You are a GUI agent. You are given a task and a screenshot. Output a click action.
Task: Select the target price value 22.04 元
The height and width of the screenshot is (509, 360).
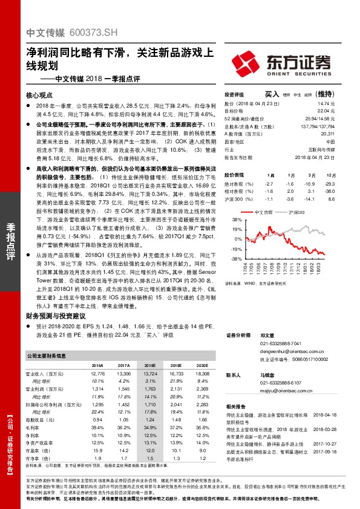coord(326,111)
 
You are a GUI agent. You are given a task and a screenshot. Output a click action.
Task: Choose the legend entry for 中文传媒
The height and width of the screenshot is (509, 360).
coord(265,213)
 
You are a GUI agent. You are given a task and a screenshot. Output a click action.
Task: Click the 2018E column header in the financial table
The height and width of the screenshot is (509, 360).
coord(151,366)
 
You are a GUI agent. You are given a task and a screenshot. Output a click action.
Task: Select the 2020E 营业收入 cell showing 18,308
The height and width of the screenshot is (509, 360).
coord(202,375)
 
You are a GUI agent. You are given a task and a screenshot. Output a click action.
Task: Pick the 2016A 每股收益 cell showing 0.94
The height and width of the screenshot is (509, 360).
coord(98,419)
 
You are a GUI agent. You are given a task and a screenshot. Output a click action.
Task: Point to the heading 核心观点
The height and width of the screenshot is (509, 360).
coord(39,95)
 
